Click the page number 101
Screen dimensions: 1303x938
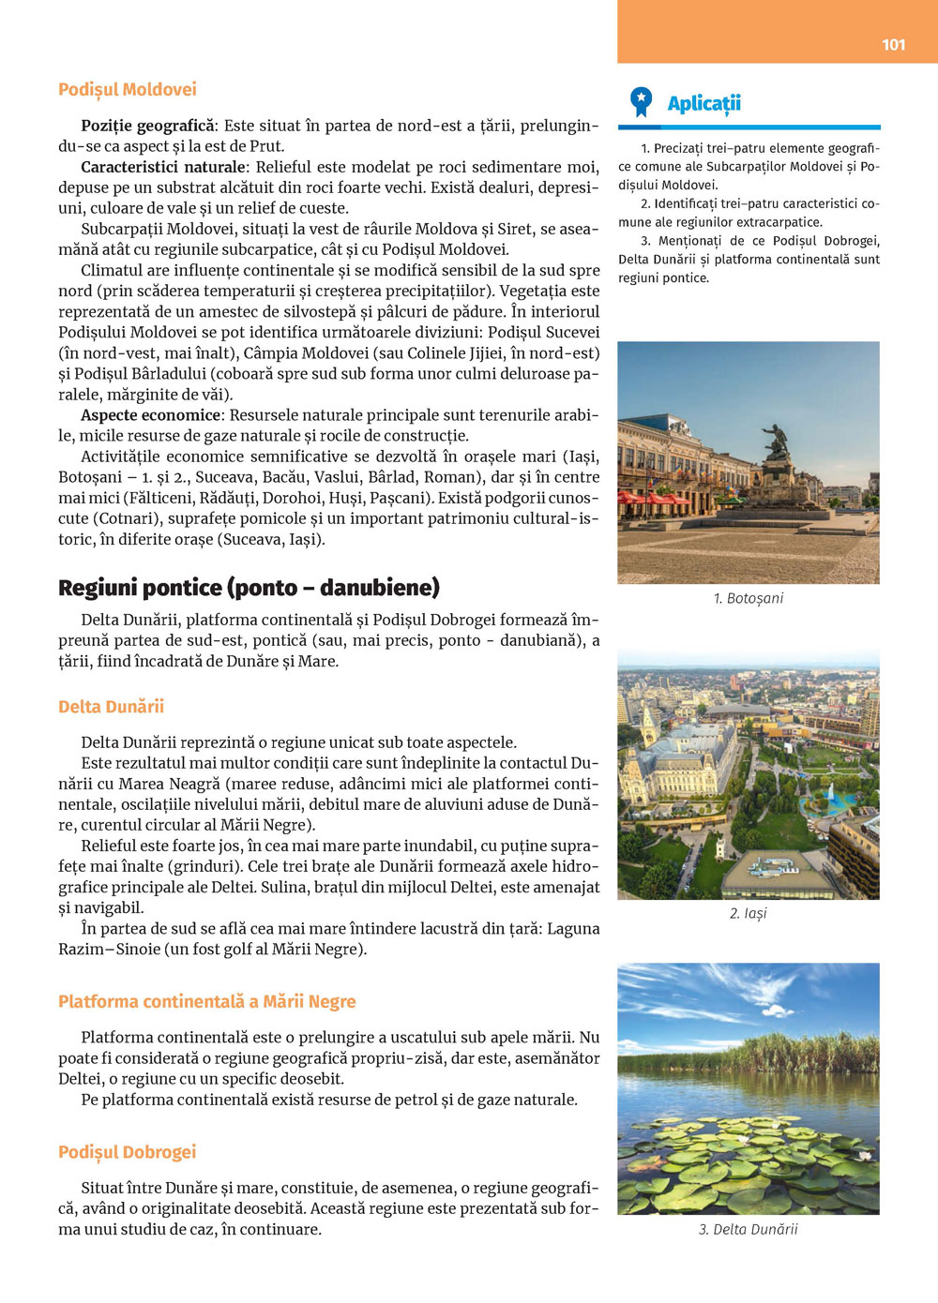tap(893, 44)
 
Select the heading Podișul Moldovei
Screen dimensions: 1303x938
tap(128, 90)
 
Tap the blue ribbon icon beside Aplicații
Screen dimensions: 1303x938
tap(641, 101)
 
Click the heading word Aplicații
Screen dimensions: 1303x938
tap(703, 103)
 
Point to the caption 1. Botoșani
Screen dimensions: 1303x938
tap(748, 598)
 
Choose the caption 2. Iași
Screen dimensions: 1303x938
tap(748, 913)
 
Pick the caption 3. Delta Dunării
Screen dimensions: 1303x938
tap(748, 1229)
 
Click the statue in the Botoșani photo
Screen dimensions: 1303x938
tap(777, 445)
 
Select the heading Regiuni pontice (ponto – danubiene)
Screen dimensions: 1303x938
tap(249, 588)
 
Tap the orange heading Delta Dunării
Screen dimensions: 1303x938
tap(111, 707)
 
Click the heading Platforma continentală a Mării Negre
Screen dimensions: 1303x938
tap(206, 1001)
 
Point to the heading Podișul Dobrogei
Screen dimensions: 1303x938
tap(127, 1152)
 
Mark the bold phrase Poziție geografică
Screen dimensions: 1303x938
tap(148, 126)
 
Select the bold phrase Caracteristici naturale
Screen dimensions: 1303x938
tap(163, 167)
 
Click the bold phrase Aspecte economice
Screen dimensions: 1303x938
tap(150, 415)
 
